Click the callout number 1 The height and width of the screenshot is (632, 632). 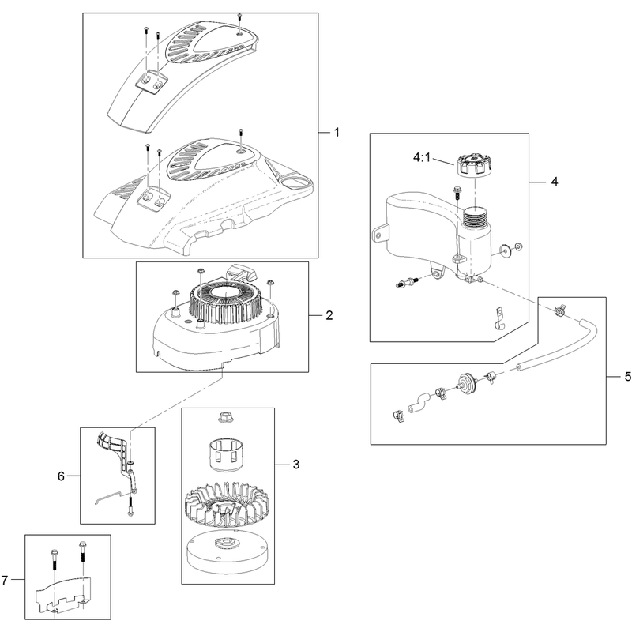pos(337,132)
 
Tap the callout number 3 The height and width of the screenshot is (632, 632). pos(296,465)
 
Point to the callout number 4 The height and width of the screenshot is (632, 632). pos(555,182)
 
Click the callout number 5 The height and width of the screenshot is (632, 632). pos(627,377)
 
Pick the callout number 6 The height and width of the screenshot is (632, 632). pos(61,476)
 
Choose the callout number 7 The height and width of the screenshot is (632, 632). pos(5,581)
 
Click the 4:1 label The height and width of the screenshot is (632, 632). pos(422,157)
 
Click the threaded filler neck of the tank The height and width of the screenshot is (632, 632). pos(477,218)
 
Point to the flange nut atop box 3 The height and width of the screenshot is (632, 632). pos(225,417)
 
